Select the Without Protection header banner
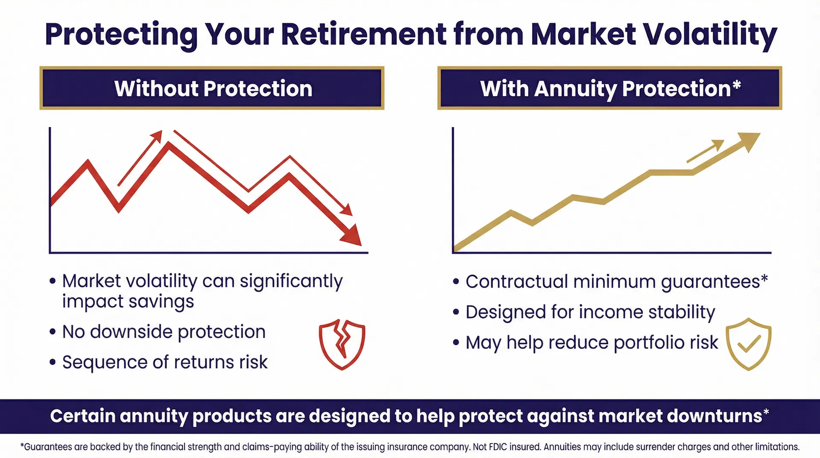[212, 88]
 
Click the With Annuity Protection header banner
[609, 88]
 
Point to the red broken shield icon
[342, 344]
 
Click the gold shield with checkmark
[748, 344]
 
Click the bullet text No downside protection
[164, 332]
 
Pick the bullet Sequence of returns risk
[165, 362]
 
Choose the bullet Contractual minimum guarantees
[613, 282]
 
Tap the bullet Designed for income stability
[590, 312]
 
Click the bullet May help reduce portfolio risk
[592, 343]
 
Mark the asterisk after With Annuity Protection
[737, 85]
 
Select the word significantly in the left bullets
[291, 282]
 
